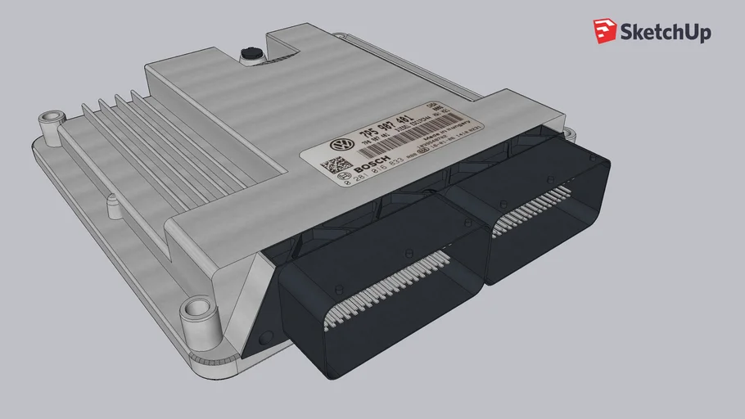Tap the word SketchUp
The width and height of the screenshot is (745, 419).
(666, 33)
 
